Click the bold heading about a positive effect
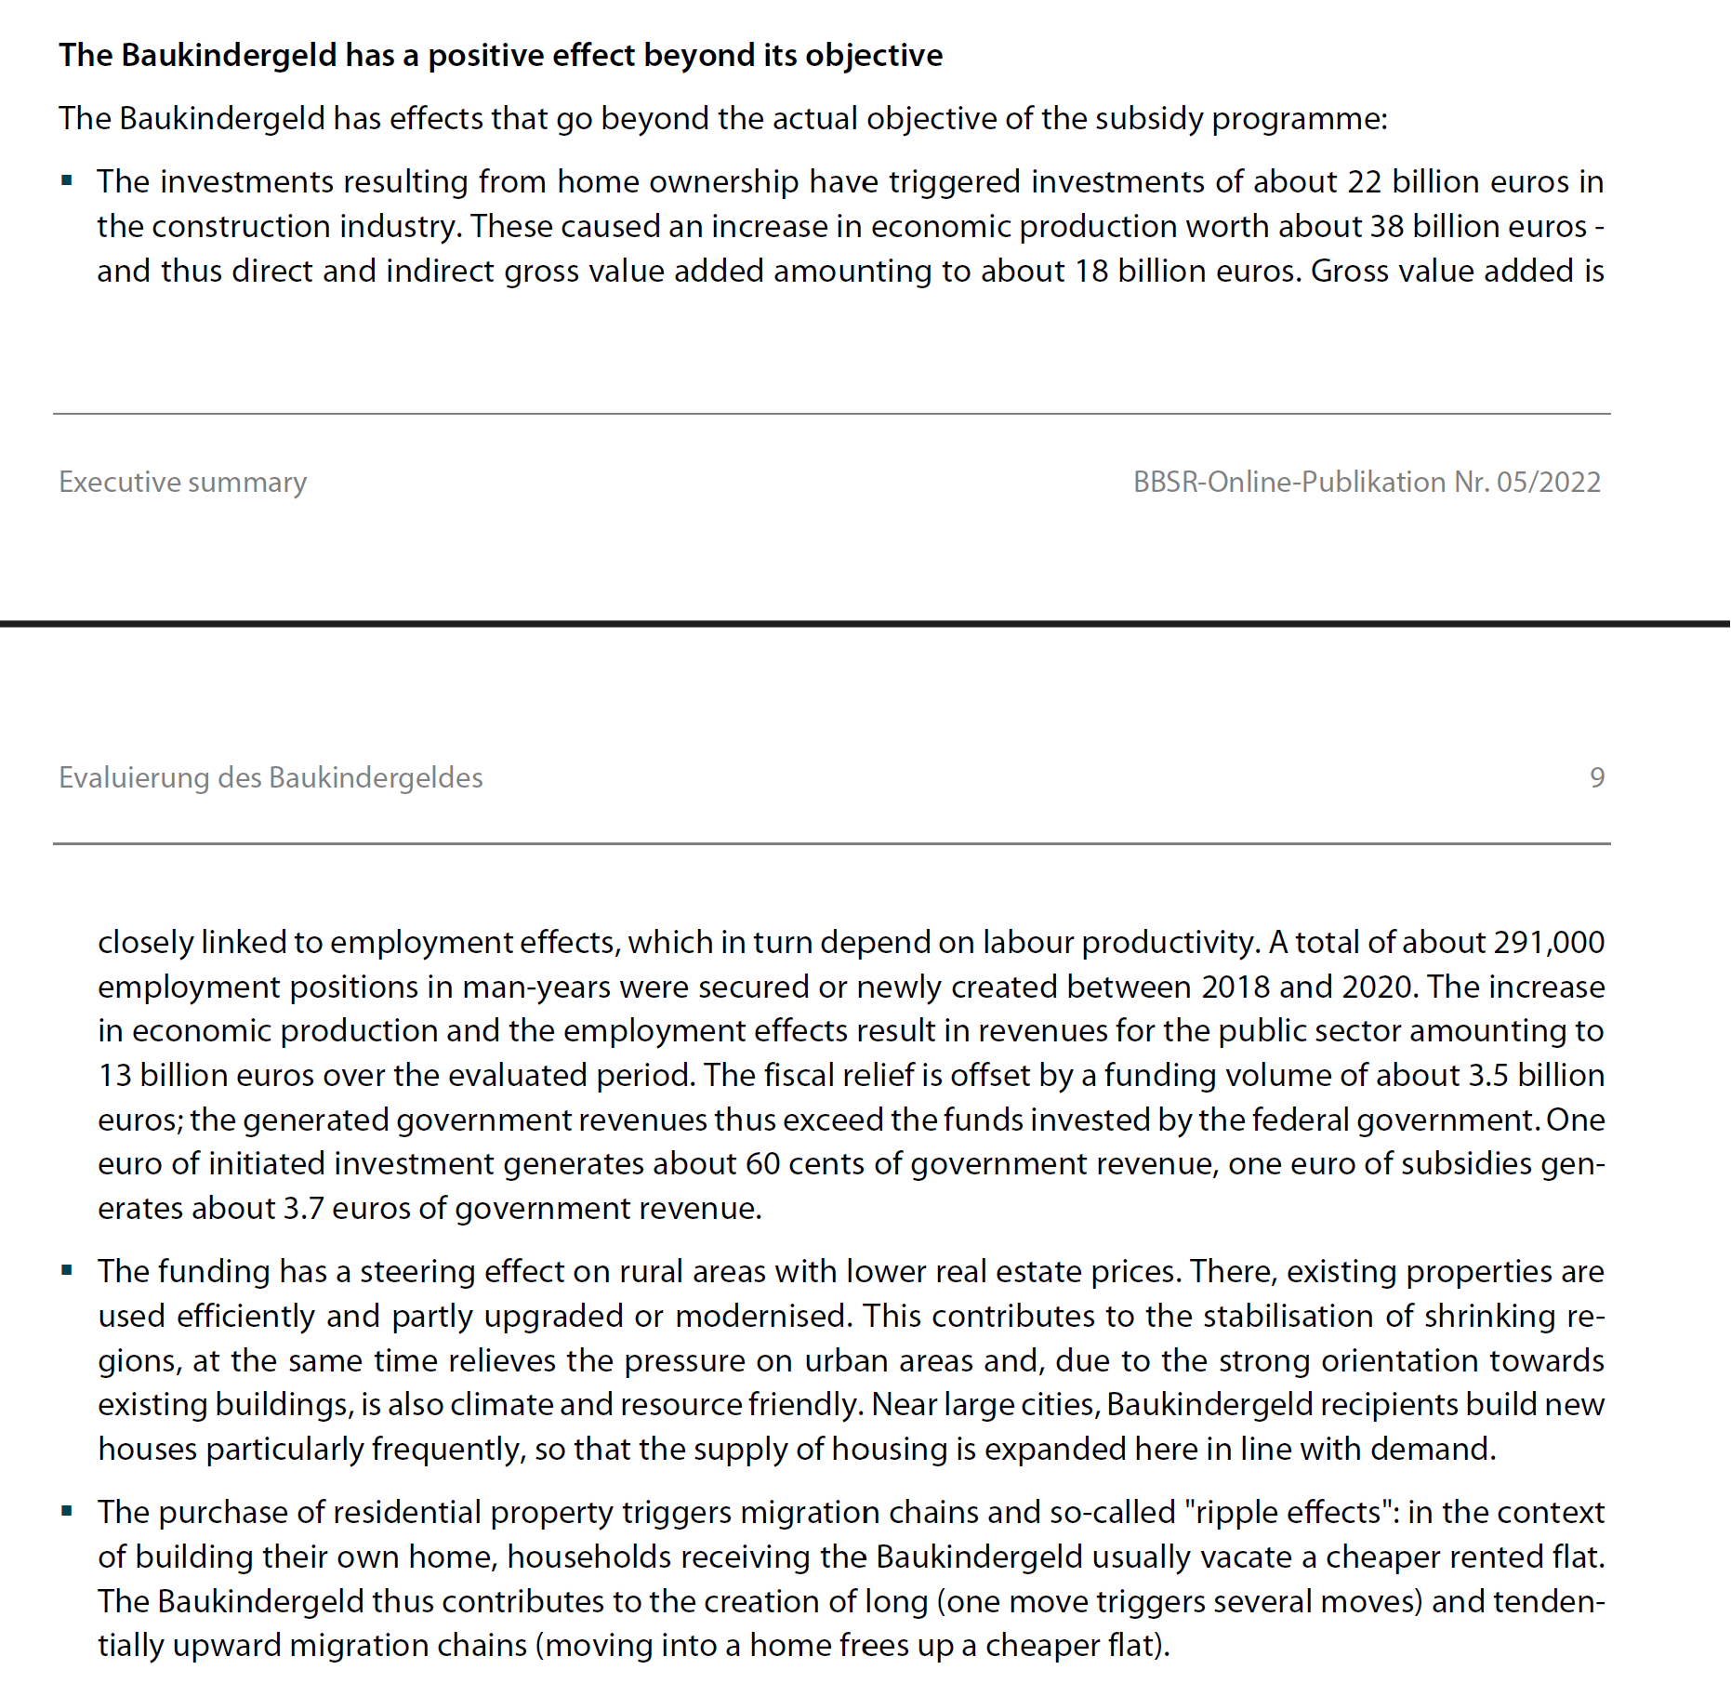(500, 56)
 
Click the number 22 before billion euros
(1365, 181)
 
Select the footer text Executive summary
(182, 482)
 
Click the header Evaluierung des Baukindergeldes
(271, 777)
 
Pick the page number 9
(1596, 777)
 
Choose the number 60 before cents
(762, 1163)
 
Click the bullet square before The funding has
(67, 1270)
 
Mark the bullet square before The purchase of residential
(67, 1511)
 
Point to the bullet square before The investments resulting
(67, 180)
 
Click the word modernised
(761, 1316)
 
